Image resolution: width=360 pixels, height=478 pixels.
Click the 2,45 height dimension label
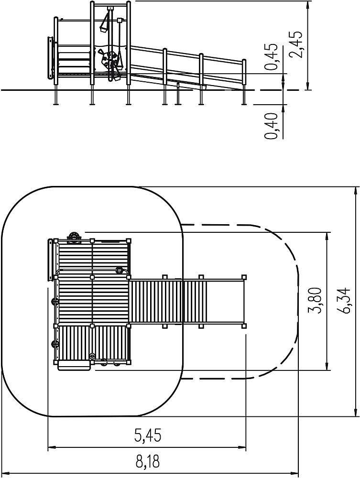pyautogui.click(x=296, y=44)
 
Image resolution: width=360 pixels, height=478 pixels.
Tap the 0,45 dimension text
pyautogui.click(x=271, y=56)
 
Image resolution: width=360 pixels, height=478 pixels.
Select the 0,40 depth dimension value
pyautogui.click(x=271, y=126)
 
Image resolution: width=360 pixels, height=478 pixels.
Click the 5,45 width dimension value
pyautogui.click(x=148, y=435)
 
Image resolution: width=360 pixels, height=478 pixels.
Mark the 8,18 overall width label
pyautogui.click(x=148, y=462)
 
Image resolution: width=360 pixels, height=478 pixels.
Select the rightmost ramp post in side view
pyautogui.click(x=244, y=82)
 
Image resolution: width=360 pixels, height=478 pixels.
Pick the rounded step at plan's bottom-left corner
pyautogui.click(x=74, y=365)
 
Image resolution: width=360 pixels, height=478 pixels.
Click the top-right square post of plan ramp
pyautogui.click(x=243, y=277)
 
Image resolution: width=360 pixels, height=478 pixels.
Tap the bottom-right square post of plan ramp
pyautogui.click(x=243, y=326)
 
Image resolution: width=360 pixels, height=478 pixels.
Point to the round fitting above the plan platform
pyautogui.click(x=74, y=237)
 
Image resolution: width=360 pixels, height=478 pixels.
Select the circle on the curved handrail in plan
pyautogui.click(x=119, y=270)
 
